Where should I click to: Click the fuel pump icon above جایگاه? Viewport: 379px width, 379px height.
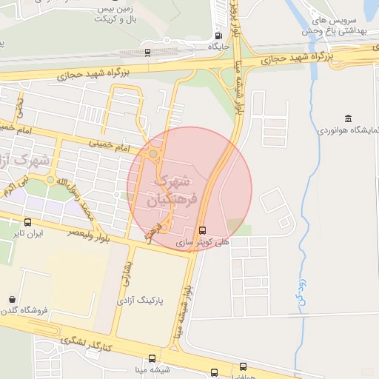[218, 36]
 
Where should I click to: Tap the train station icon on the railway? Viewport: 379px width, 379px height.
[148, 53]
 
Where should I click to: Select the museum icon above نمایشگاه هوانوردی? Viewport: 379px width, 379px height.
[348, 118]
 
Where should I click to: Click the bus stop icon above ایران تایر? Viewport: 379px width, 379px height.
[28, 222]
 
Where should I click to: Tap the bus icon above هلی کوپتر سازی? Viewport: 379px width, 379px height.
[203, 229]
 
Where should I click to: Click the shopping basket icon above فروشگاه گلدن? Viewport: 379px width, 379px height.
[12, 300]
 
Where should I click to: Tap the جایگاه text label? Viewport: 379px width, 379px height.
[219, 46]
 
